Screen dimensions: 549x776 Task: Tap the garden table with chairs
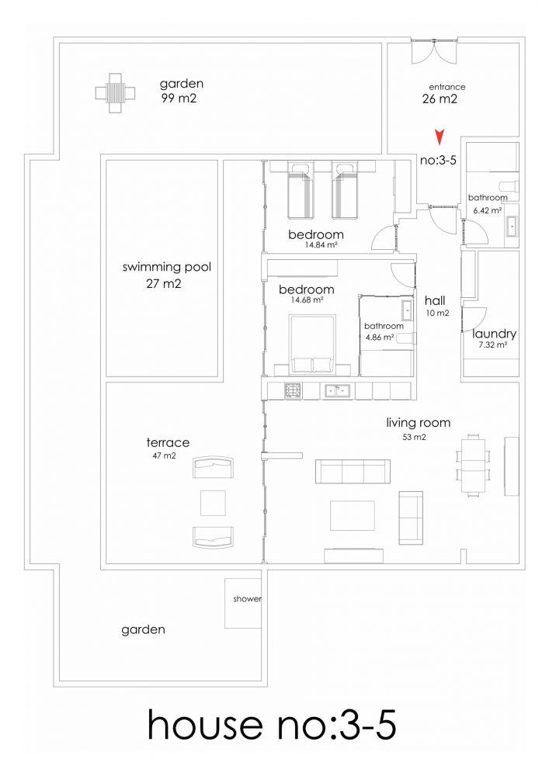116,92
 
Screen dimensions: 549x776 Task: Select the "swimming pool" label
167,268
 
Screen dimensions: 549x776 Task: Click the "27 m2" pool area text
164,284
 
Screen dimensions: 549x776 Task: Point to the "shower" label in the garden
247,599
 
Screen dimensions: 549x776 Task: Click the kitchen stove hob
293,390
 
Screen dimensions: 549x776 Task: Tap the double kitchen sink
338,390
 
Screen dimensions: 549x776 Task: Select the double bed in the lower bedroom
312,345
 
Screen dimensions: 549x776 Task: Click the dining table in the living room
474,464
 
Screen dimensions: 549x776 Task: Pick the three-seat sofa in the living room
353,472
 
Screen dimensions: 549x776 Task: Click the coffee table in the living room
353,515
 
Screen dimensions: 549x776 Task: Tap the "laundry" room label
494,334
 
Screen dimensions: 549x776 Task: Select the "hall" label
435,300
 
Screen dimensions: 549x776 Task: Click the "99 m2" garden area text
179,99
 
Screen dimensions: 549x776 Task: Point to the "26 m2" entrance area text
440,99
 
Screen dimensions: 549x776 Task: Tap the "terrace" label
168,442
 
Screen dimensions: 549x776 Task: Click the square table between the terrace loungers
213,503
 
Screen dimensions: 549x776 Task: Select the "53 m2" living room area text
414,437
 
